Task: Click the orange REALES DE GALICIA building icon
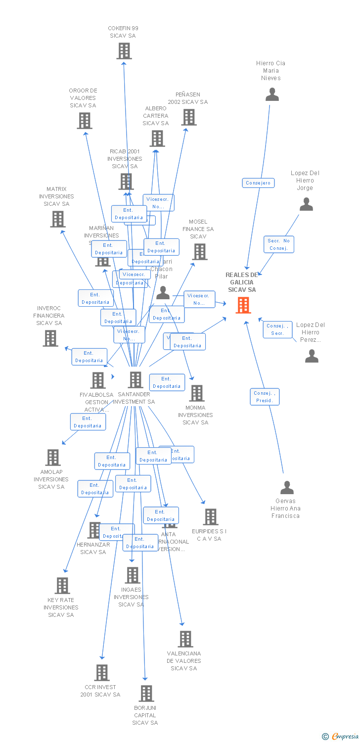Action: coord(243,305)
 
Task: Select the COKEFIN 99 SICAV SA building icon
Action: coord(124,51)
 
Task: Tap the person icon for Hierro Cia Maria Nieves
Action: coord(272,94)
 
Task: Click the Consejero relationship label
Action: coord(258,183)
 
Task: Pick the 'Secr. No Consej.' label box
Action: coord(279,244)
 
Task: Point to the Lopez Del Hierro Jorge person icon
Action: coord(306,204)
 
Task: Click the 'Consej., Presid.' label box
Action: coord(265,397)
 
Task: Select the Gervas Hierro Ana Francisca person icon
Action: coord(287,488)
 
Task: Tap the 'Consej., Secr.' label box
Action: coord(277,329)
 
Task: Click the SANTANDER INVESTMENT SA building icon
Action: coord(135,380)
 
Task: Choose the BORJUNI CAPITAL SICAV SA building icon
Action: coord(146,694)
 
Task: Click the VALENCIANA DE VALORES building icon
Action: coord(185,639)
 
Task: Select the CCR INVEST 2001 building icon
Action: coord(102,673)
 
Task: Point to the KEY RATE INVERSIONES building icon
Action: coord(62,586)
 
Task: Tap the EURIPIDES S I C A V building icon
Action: coord(210,517)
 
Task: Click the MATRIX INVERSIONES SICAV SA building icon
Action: coord(58,219)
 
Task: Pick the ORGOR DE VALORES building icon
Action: coord(85,121)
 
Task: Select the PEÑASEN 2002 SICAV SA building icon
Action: coord(188,117)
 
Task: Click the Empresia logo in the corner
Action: coord(340,737)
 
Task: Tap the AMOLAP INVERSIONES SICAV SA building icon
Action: coord(53,458)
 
